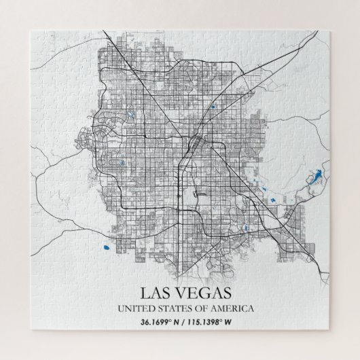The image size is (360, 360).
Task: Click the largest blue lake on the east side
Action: [x=314, y=178]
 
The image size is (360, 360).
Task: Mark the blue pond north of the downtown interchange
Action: [x=213, y=106]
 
